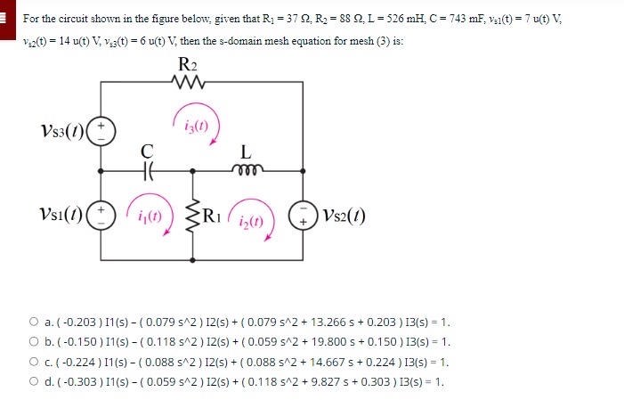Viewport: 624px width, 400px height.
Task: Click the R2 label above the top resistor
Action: [x=188, y=64]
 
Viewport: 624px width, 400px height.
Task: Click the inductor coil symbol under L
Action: [x=246, y=167]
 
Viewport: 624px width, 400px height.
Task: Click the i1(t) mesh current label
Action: [x=148, y=216]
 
